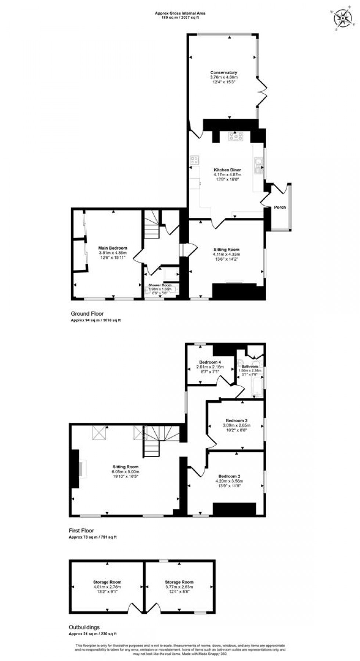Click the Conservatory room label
pyautogui.click(x=223, y=72)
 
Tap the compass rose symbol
pyautogui.click(x=344, y=17)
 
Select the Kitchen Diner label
pyautogui.click(x=227, y=170)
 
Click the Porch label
pyautogui.click(x=280, y=207)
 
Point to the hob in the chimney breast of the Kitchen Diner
pyautogui.click(x=235, y=136)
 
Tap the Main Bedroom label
pyautogui.click(x=113, y=248)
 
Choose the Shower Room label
pyautogui.click(x=160, y=285)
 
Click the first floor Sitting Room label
pyautogui.click(x=126, y=467)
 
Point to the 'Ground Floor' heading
pyautogui.click(x=87, y=314)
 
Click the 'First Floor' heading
pyautogui.click(x=82, y=530)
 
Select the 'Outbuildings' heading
pyautogui.click(x=84, y=627)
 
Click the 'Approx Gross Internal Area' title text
pyautogui.click(x=180, y=13)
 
